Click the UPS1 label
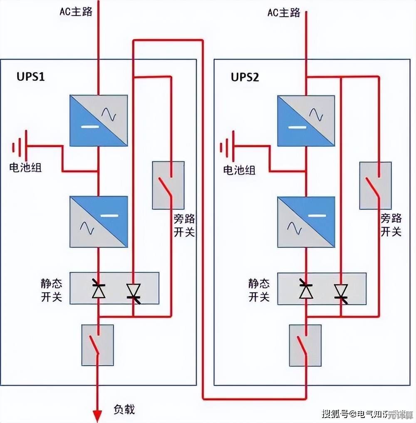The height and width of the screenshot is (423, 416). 30,77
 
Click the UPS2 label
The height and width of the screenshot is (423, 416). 245,77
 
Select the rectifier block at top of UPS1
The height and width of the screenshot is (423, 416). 99,121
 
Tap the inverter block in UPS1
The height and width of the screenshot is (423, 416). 99,222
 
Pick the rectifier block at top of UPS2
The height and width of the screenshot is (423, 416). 306,121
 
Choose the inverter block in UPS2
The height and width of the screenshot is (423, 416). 306,222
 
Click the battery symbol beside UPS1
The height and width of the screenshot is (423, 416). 19,147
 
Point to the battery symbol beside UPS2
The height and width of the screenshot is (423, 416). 227,147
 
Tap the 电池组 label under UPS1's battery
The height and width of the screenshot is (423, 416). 25,168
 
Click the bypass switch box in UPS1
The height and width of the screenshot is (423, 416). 168,185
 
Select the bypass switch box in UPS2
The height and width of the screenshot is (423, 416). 375,185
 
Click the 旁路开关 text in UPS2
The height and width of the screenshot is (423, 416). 391,225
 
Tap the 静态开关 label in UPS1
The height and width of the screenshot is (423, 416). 52,290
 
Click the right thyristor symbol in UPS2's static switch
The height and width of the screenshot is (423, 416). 341,291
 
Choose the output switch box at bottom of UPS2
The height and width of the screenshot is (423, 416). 305,345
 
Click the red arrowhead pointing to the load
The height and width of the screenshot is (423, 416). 97,416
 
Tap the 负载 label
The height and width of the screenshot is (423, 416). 124,409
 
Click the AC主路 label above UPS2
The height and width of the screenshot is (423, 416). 284,12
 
